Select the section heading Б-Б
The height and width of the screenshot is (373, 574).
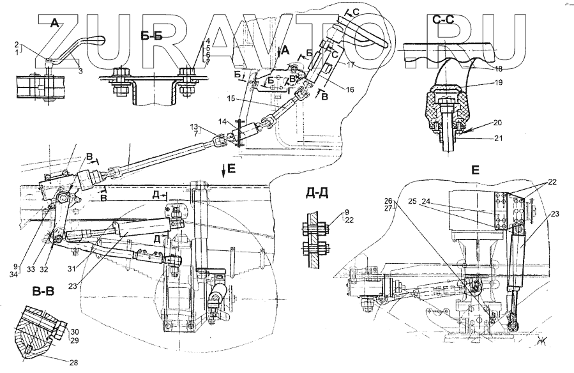tap(151, 36)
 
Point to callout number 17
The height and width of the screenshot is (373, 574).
tap(351, 65)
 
